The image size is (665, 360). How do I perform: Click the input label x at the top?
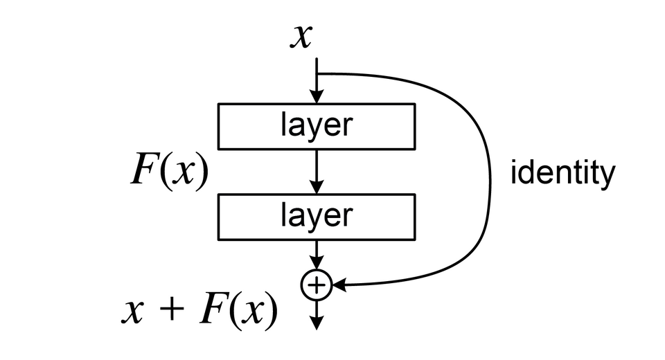pos(300,37)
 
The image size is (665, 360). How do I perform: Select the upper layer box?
pos(317,126)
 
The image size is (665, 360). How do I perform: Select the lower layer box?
pos(317,216)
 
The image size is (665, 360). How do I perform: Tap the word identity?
pos(562,174)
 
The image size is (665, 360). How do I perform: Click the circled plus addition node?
pos(317,285)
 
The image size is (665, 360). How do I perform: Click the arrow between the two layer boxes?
pos(317,171)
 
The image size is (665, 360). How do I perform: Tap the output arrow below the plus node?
pos(317,315)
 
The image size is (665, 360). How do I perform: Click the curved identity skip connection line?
pos(488,173)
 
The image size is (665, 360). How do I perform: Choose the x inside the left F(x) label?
pos(183,175)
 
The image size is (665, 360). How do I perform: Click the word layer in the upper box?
pos(317,126)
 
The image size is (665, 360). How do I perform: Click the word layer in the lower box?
pos(317,216)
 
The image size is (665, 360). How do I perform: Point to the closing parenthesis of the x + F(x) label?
pos(273,312)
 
